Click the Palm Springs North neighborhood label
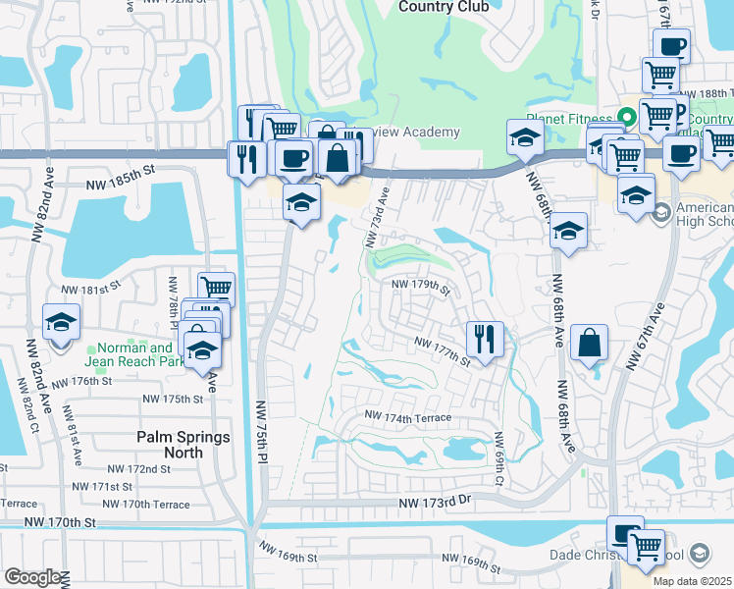(x=183, y=445)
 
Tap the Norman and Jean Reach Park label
(x=133, y=354)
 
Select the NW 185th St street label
(x=121, y=169)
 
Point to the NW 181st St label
(x=89, y=290)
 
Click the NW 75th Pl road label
(x=262, y=436)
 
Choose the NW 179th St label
(x=420, y=286)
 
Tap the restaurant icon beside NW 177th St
(x=484, y=339)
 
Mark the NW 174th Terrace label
(x=407, y=418)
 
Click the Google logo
(x=33, y=577)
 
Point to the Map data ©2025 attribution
(x=692, y=581)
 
